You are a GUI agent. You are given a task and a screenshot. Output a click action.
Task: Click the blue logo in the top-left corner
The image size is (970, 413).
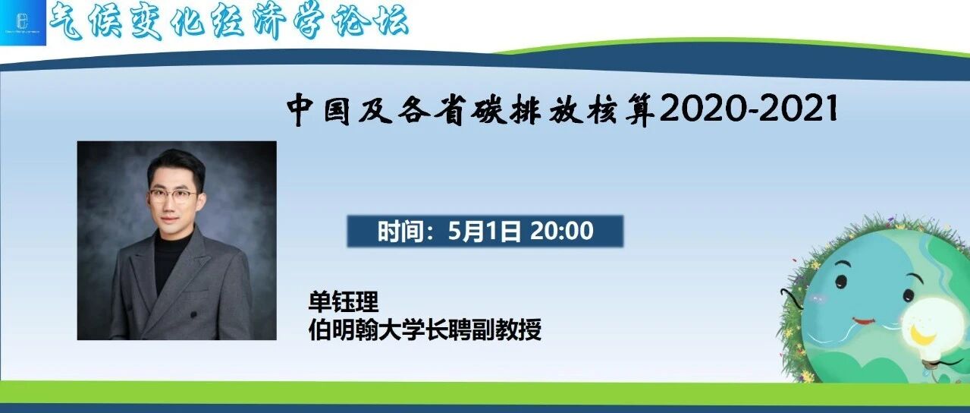tap(23, 23)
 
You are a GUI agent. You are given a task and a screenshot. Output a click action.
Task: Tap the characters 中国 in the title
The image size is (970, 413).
tap(319, 110)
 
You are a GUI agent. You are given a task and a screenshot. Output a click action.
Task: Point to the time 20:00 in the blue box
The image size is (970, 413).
tap(562, 231)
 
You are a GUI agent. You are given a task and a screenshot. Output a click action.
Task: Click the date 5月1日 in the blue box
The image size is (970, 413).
tap(484, 231)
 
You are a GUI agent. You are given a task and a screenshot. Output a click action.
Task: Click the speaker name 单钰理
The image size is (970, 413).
tap(343, 301)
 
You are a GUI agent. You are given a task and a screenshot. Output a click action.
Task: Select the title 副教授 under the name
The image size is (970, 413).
tap(506, 330)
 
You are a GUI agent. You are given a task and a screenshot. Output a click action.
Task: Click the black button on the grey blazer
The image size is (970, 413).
tap(193, 314)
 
